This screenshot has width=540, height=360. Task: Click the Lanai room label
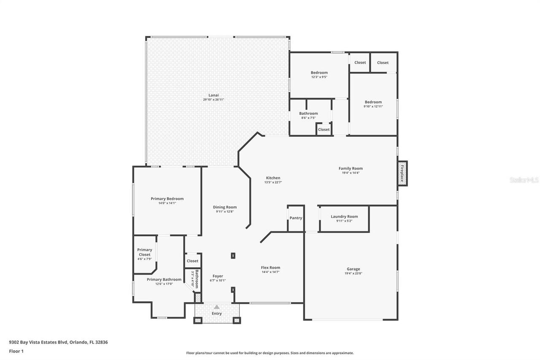pos(213,95)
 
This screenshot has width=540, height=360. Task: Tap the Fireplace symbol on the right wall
pos(402,173)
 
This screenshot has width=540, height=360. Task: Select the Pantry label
pos(296,218)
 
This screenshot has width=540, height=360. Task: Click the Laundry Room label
pos(344,217)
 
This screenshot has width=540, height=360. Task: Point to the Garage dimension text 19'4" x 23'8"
pos(353,273)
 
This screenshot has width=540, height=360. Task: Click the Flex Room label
pos(270,268)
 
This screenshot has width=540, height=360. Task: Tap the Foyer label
pos(218,276)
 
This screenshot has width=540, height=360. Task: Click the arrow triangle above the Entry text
pos(216,307)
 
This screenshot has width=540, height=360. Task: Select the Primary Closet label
pos(144,252)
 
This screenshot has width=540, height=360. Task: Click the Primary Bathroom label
pos(164,279)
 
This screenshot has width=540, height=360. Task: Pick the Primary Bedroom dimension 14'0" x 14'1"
pos(167,203)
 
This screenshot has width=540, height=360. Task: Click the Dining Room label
pos(225,207)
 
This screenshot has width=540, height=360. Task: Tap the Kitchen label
pos(273,178)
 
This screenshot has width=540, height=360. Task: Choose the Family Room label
pos(351,168)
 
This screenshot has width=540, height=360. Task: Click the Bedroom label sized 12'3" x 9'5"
pos(319,73)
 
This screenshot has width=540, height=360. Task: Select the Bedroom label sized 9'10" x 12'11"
pos(373,102)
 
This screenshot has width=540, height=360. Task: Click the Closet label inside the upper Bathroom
pos(324,130)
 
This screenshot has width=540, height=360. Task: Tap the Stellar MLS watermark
pos(524,180)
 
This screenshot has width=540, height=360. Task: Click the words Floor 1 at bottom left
pos(16,351)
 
